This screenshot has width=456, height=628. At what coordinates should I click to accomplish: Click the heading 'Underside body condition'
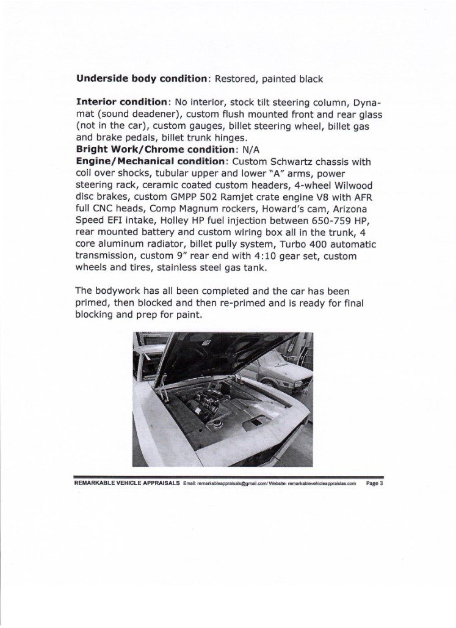coord(142,79)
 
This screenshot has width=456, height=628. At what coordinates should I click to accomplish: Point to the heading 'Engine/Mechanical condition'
coord(150,161)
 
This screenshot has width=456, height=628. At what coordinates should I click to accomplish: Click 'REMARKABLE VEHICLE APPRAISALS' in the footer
coord(126,483)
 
